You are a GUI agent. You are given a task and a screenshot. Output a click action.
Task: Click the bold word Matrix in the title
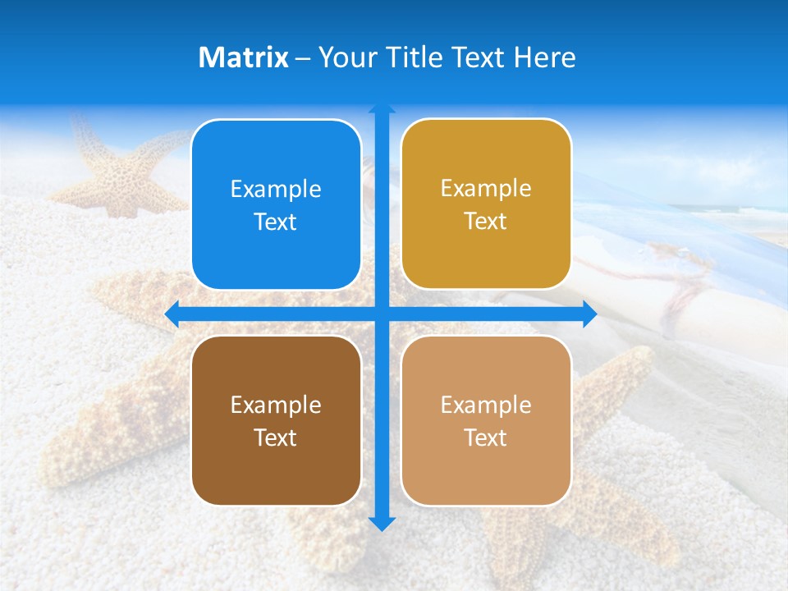pos(244,57)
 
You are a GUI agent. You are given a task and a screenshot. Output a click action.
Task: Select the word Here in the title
pos(545,57)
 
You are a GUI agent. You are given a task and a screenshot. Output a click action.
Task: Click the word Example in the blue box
pos(276,190)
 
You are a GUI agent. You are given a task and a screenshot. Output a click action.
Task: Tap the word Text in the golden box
pos(486,222)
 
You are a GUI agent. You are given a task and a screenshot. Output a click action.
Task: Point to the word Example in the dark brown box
pos(276,405)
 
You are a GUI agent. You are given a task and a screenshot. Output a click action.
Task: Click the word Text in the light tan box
pos(486,438)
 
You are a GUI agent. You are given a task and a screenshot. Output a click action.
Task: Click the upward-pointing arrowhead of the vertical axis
pos(381,108)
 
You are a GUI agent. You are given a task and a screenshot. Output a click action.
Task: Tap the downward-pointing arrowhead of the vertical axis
pos(381,524)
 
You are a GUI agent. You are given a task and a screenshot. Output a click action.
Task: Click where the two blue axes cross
pos(381,314)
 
